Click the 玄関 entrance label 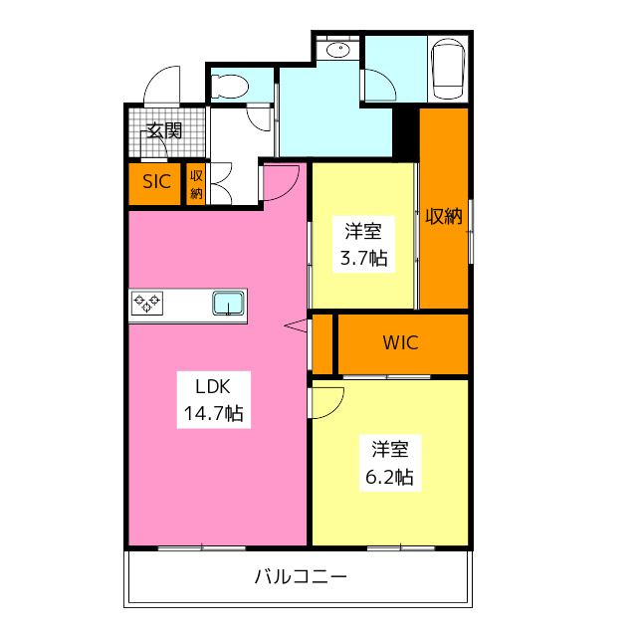tap(163, 129)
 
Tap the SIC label tap(156, 182)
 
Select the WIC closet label tap(401, 343)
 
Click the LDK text tap(212, 386)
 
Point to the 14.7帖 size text tap(212, 412)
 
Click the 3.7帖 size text tap(362, 259)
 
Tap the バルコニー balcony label tap(301, 576)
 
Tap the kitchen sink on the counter tap(228, 303)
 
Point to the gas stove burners tap(149, 303)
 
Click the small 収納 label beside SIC tap(197, 183)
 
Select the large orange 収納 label tap(444, 216)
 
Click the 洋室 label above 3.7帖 tap(362, 233)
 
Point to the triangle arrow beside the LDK tap(296, 324)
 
